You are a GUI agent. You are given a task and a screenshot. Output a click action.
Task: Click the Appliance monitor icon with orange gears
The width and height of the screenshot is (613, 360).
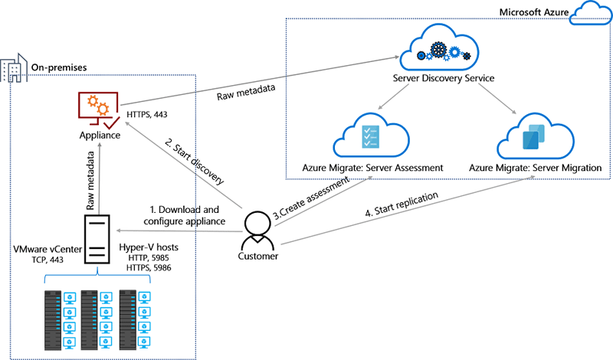[x=99, y=110]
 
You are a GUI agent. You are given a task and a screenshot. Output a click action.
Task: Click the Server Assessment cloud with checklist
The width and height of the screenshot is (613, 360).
[x=371, y=136]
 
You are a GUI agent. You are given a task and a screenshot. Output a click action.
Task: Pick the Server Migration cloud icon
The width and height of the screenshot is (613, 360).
[x=535, y=136]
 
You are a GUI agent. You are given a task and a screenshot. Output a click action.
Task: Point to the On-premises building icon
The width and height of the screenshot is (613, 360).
[x=14, y=68]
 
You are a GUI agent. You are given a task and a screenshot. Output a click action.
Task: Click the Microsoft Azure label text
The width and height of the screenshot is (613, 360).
[x=533, y=12]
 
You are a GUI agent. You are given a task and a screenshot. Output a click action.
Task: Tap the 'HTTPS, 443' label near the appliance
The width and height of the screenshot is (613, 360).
[x=147, y=115]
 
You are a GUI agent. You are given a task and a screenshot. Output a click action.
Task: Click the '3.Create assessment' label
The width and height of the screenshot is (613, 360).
[x=311, y=198]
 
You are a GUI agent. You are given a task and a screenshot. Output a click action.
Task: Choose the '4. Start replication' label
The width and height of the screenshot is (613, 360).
[x=402, y=204]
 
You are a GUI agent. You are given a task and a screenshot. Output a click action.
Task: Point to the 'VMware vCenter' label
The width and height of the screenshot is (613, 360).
[x=48, y=250]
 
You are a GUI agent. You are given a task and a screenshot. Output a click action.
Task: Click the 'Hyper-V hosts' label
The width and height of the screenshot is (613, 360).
[x=149, y=247]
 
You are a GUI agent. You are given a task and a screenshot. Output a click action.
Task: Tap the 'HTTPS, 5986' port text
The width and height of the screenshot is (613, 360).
[x=149, y=268]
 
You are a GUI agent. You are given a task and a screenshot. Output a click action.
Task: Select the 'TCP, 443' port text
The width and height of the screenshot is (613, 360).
[x=48, y=260]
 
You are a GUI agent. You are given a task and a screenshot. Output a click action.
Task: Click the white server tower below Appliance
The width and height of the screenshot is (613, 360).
[x=97, y=239]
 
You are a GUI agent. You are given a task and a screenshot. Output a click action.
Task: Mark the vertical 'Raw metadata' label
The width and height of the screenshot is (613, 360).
[x=90, y=180]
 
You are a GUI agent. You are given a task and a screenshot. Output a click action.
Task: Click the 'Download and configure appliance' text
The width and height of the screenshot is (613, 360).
[x=184, y=215]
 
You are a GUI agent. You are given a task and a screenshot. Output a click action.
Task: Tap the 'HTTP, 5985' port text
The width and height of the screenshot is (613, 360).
[x=149, y=258]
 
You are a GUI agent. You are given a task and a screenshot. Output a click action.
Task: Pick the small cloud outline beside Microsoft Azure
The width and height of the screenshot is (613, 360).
[x=591, y=13]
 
